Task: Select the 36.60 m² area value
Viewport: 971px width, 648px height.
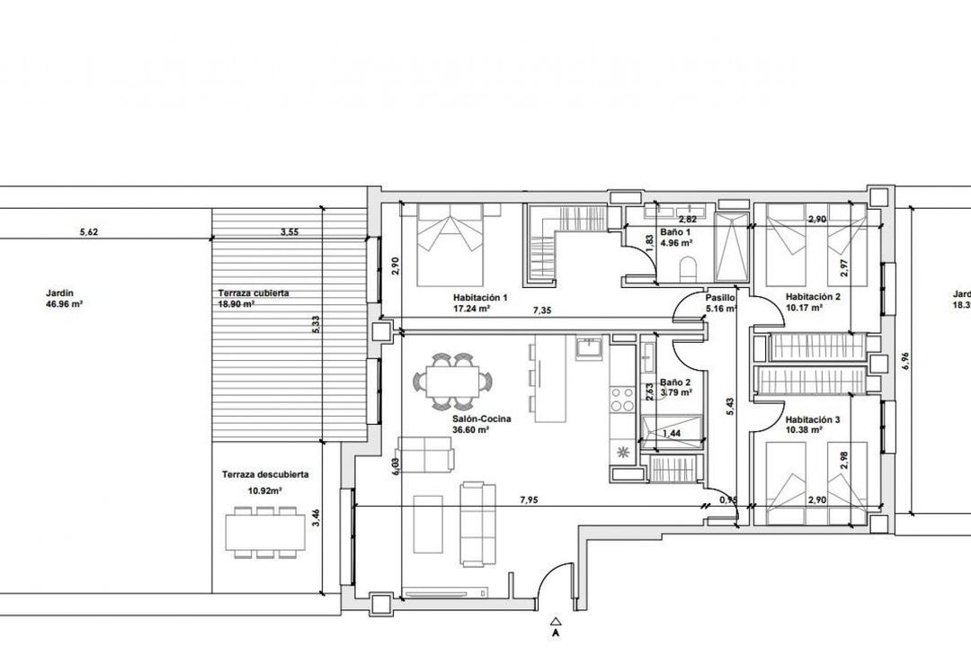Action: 470,430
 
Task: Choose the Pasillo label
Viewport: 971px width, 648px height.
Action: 720,297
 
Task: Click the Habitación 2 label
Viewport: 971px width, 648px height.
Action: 813,297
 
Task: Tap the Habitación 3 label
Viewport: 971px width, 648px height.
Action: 813,419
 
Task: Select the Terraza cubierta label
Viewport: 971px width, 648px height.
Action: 254,293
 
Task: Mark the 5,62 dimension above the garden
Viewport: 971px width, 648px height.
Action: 88,232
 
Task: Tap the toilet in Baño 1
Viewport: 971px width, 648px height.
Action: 689,268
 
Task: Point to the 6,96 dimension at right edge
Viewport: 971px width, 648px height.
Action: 905,360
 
